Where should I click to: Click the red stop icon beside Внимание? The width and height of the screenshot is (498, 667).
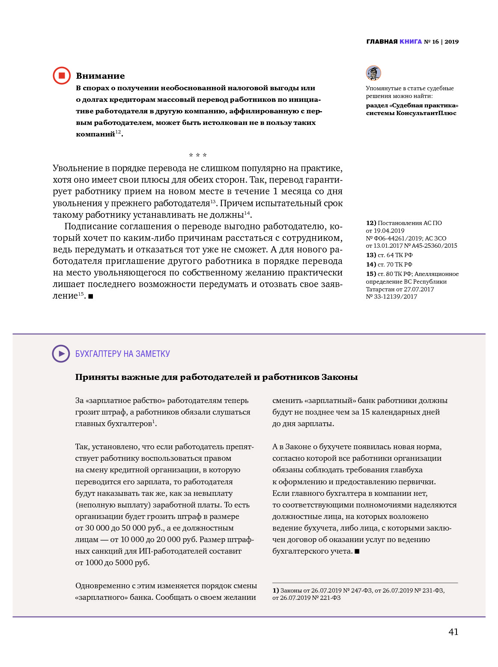62,76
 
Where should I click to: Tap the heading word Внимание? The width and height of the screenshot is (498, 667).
100,76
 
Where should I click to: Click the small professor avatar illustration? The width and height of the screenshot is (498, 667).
373,73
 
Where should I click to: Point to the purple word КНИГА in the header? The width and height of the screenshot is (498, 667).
411,42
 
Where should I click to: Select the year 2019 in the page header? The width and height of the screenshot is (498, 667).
451,42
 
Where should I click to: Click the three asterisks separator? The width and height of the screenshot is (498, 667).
198,155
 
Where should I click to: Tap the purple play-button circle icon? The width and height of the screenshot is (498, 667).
61,354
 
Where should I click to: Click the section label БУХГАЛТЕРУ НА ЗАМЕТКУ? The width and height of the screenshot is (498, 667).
122,354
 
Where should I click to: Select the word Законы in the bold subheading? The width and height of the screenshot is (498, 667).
340,377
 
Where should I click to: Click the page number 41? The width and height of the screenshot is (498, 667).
453,632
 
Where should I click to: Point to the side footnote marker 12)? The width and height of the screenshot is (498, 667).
371,223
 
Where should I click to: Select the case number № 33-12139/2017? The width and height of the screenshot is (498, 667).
391,296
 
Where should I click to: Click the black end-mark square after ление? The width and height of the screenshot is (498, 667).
91,296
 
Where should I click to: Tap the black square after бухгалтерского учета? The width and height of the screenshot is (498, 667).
357,551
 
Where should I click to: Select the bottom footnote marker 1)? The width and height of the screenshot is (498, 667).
276,590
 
